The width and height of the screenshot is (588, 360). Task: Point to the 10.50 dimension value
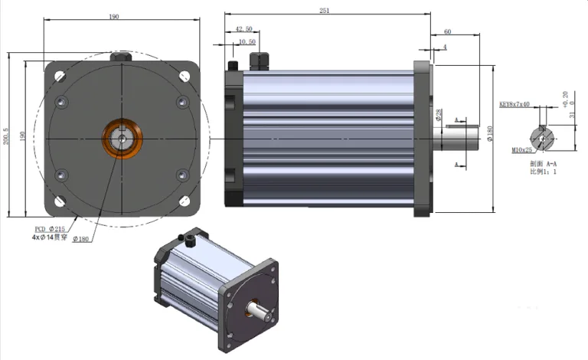[x=247, y=42]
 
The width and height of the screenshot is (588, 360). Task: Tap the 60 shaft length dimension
[x=447, y=31]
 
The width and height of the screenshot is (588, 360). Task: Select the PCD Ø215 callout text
[x=51, y=229]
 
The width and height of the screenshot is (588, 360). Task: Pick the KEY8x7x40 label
[x=514, y=103]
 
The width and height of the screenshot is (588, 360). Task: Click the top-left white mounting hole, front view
[x=59, y=76]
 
